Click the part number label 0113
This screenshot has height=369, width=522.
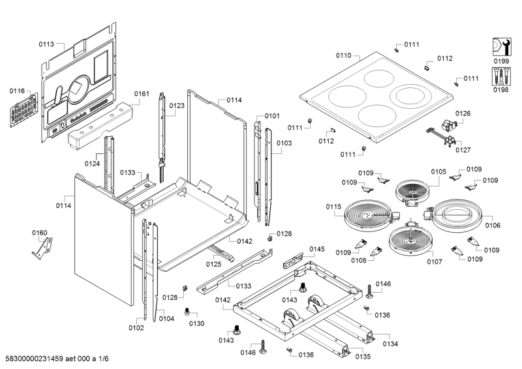[x=46, y=45]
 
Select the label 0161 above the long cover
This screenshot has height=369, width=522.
[x=142, y=94]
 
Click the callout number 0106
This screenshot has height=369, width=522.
[x=493, y=226]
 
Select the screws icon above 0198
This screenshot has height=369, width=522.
[x=500, y=76]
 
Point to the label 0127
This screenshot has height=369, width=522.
[x=463, y=150]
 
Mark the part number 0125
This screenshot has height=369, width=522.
[x=214, y=264]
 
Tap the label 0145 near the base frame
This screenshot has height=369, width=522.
[x=316, y=249]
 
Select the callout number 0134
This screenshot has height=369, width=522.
[x=390, y=344]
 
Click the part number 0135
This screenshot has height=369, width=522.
[x=363, y=356]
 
